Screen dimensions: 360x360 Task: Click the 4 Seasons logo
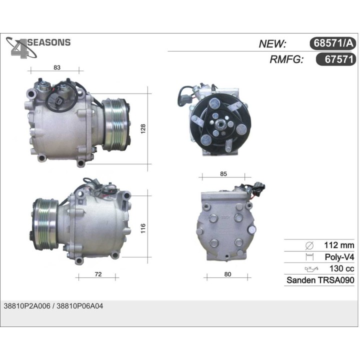38,48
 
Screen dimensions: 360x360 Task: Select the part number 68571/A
333,43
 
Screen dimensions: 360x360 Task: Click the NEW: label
272,44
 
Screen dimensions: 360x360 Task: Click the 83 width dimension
57,67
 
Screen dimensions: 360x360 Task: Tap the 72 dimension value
98,274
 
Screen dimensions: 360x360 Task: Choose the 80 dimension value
227,274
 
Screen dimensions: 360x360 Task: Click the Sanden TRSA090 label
320,280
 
